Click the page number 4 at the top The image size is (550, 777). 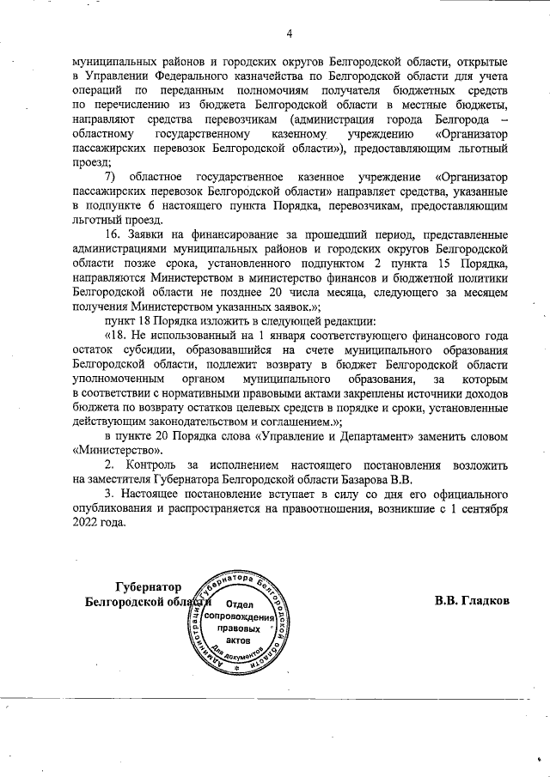(x=289, y=33)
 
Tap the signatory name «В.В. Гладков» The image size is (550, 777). (x=472, y=601)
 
